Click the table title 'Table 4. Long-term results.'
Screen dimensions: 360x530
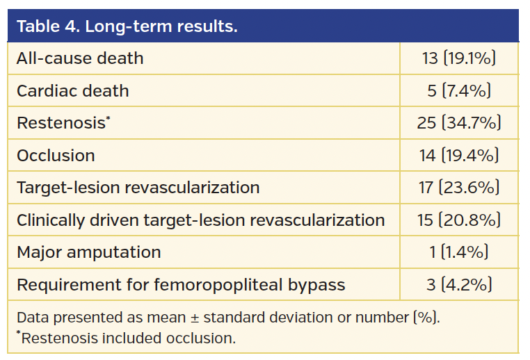click(127, 26)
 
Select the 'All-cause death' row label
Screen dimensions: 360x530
click(80, 58)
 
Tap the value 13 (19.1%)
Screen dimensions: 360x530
click(459, 58)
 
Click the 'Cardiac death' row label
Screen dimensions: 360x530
click(73, 91)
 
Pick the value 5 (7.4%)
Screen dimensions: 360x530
click(459, 91)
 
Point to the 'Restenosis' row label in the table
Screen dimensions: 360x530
click(63, 123)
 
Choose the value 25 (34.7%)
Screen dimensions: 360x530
click(459, 123)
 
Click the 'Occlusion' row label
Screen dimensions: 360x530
click(56, 156)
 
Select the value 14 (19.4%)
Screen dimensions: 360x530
click(459, 156)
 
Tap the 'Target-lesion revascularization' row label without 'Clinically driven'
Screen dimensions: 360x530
click(138, 188)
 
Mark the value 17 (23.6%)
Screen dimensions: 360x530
click(459, 188)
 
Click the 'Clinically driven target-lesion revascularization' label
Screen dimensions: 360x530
click(200, 220)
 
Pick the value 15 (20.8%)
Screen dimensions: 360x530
click(459, 220)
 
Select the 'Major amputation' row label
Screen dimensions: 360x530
click(89, 252)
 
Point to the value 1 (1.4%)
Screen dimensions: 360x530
click(459, 252)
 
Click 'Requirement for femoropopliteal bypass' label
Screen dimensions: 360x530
click(181, 285)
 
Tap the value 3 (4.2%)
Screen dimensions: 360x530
click(459, 285)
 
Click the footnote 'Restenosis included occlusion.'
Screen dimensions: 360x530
click(127, 338)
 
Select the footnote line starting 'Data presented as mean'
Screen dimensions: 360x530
click(228, 318)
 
